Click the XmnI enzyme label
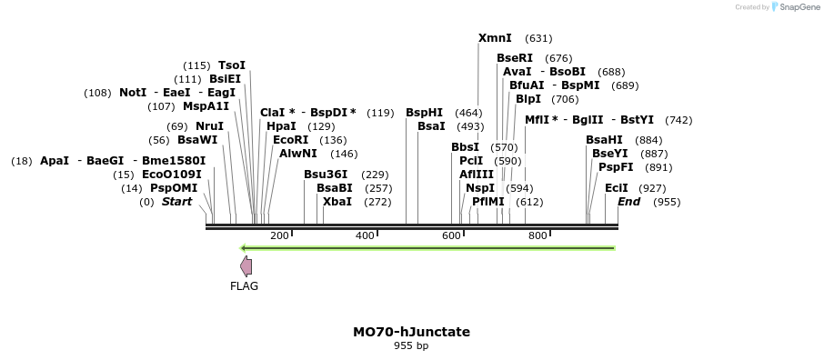tap(495, 38)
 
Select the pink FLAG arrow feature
tap(246, 265)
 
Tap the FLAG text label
tap(244, 285)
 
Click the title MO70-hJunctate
tap(411, 332)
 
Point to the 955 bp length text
tap(411, 346)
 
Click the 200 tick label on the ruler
tap(279, 235)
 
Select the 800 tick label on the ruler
tap(538, 235)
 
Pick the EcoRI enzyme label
tap(291, 140)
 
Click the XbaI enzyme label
tap(337, 201)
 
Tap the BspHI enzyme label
tap(424, 113)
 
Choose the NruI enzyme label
tap(209, 126)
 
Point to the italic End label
tap(628, 201)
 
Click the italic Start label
tap(176, 201)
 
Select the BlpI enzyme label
tap(528, 99)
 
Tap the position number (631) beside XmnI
tap(538, 38)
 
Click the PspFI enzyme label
tap(616, 167)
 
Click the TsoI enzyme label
tap(232, 65)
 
